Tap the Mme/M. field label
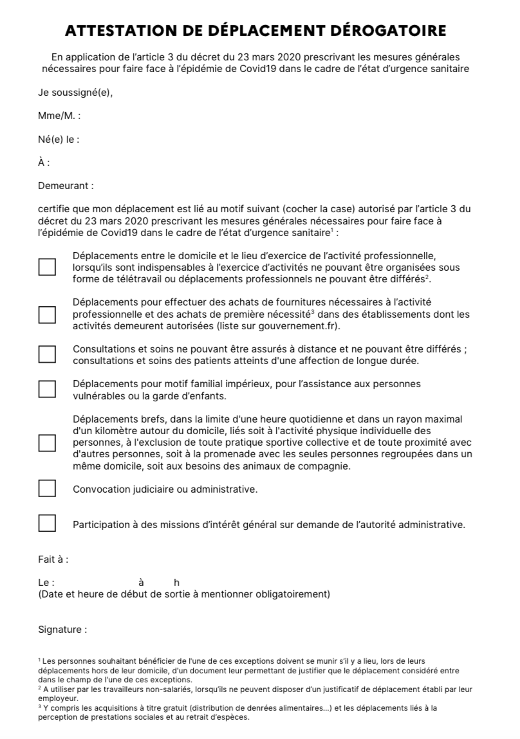click(59, 116)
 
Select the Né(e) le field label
click(59, 140)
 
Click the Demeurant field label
click(66, 186)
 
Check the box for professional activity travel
click(47, 267)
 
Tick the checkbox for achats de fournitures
click(47, 315)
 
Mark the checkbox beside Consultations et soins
click(47, 354)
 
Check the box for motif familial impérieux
click(47, 389)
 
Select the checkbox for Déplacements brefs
click(47, 443)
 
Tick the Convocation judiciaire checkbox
click(47, 489)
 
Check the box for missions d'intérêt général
click(47, 524)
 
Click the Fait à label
click(53, 560)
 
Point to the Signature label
click(62, 630)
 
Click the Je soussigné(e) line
click(75, 93)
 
